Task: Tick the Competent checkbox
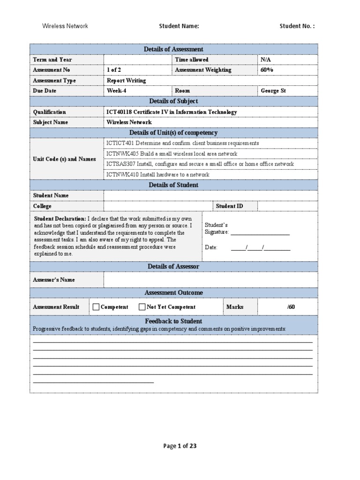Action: click(x=96, y=307)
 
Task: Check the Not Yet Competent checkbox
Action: click(x=142, y=307)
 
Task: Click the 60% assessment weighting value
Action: click(x=267, y=70)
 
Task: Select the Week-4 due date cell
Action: click(x=117, y=90)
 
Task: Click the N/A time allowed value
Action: click(x=266, y=60)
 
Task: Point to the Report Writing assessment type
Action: click(x=127, y=80)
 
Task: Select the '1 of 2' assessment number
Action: click(x=114, y=70)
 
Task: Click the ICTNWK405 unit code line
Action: click(x=172, y=154)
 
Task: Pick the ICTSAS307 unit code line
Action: click(x=200, y=164)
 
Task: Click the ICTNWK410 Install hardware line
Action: click(x=158, y=174)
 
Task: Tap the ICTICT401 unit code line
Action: click(x=182, y=143)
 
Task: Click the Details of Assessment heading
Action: click(x=173, y=49)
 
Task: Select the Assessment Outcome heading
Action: click(x=173, y=292)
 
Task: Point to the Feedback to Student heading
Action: click(x=173, y=321)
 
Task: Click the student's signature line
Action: click(x=260, y=232)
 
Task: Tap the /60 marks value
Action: click(x=291, y=307)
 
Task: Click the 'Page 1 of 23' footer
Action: click(x=180, y=446)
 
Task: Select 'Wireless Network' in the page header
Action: click(x=65, y=26)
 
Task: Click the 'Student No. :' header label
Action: click(x=297, y=26)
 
